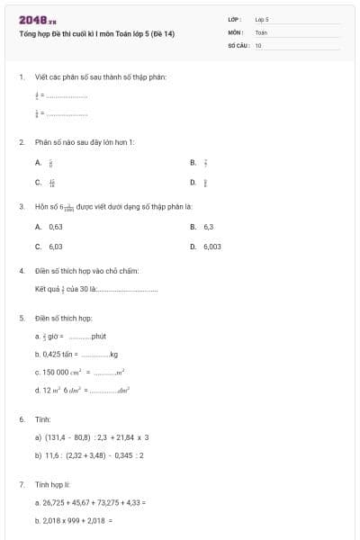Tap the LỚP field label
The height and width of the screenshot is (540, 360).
click(235, 18)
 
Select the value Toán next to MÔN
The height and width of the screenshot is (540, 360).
click(261, 31)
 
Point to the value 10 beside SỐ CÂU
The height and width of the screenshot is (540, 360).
click(258, 44)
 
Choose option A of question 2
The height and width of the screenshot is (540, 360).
click(38, 163)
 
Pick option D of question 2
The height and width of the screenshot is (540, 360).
click(193, 183)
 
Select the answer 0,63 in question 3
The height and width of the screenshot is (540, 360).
click(55, 227)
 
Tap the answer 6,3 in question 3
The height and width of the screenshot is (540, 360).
click(208, 227)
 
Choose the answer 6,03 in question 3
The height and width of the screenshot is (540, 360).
click(55, 246)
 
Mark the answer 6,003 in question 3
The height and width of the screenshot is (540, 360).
click(211, 246)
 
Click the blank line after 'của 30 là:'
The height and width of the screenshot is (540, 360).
click(127, 290)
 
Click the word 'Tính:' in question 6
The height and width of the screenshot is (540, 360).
click(42, 419)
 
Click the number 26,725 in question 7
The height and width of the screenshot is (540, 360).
click(54, 502)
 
